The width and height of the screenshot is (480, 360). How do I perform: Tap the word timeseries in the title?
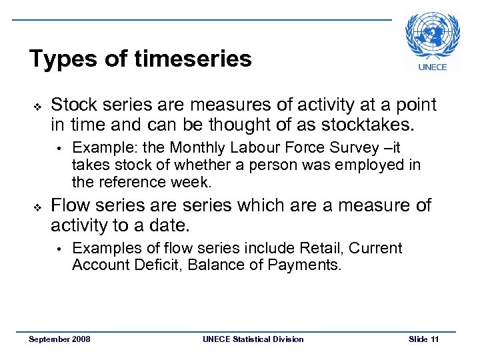coord(193,59)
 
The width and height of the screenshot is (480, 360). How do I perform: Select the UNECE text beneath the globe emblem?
coord(433,66)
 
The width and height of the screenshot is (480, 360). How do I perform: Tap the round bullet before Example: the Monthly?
coord(59,148)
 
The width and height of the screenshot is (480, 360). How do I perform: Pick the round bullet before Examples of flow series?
coord(59,249)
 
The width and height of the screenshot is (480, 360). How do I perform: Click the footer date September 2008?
coord(60,339)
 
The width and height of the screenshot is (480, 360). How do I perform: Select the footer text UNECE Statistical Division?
coord(253,339)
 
